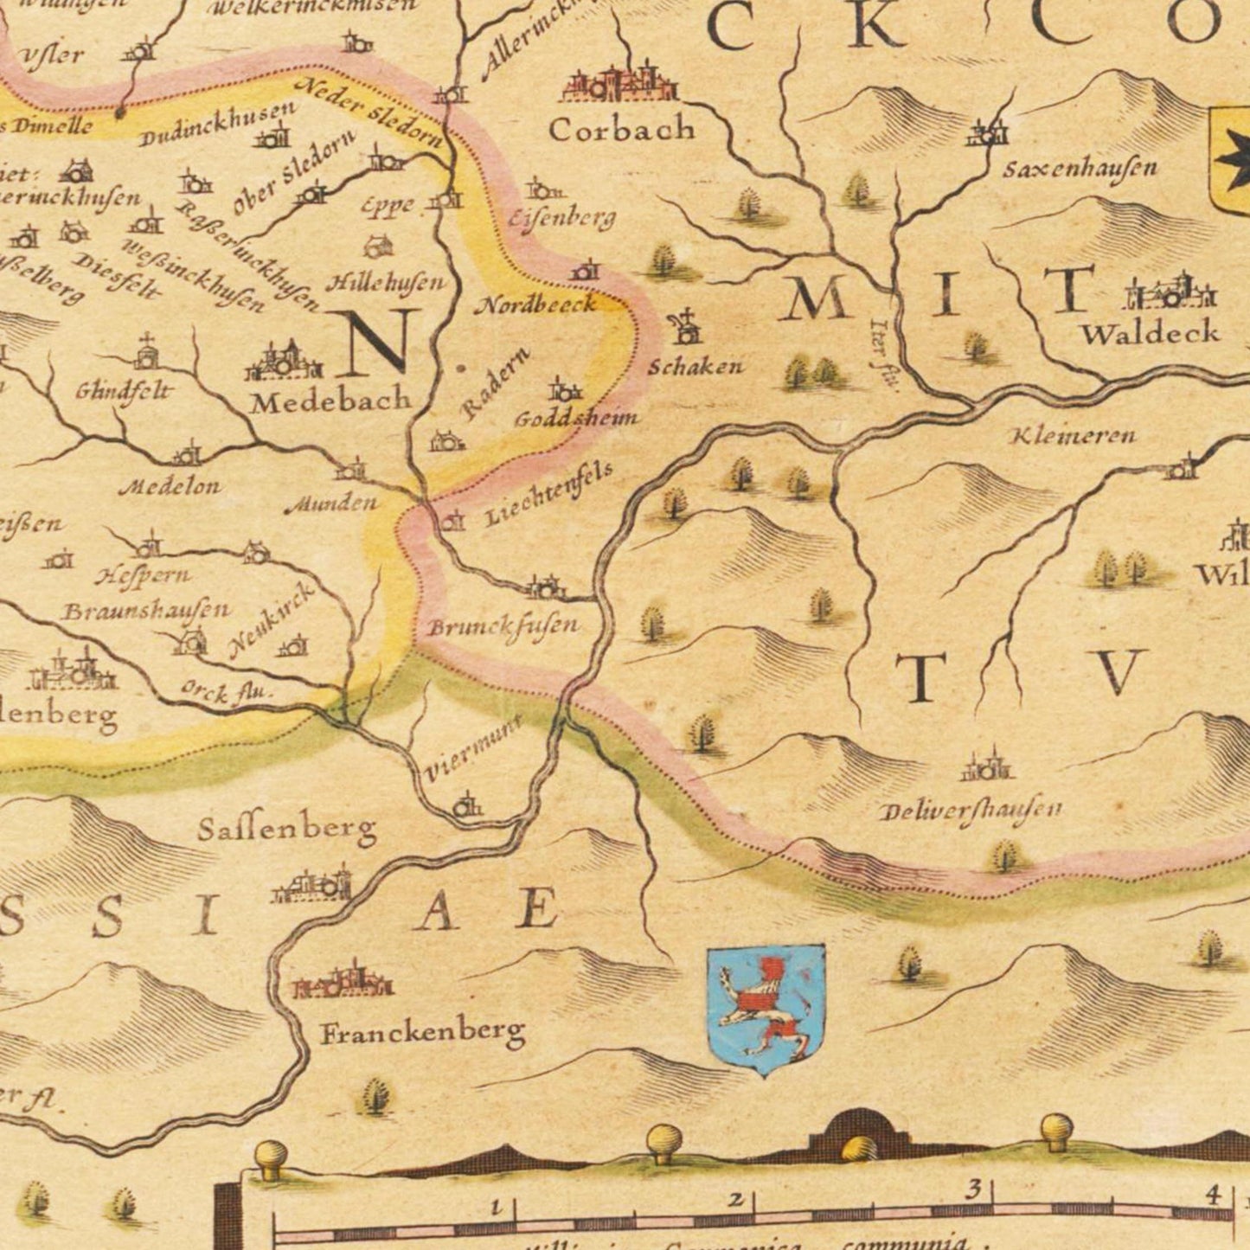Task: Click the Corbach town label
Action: [621, 130]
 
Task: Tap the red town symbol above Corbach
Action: [619, 84]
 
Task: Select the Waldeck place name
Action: [1150, 333]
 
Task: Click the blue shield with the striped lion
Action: [766, 1009]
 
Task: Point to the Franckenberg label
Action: [423, 1032]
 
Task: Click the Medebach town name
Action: [330, 401]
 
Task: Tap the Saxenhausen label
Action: [1080, 167]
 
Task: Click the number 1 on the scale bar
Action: [496, 1206]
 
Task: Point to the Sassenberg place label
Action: [286, 830]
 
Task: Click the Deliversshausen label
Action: [970, 811]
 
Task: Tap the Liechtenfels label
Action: [548, 494]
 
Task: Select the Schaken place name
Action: [696, 367]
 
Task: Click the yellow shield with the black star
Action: [1230, 161]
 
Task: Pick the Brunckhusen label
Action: [503, 626]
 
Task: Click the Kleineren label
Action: [1073, 435]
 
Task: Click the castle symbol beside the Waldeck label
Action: [1170, 292]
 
